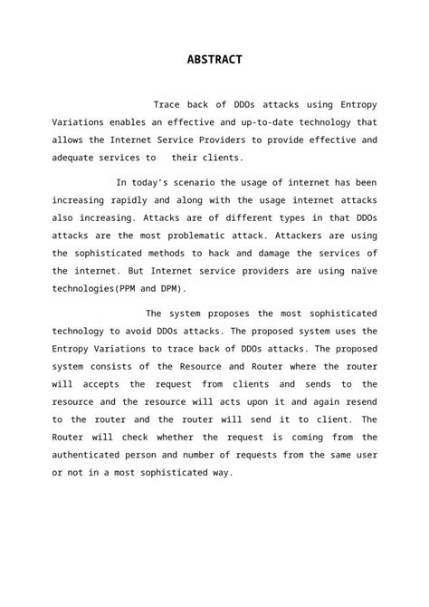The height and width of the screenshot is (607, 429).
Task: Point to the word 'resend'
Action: click(358, 402)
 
